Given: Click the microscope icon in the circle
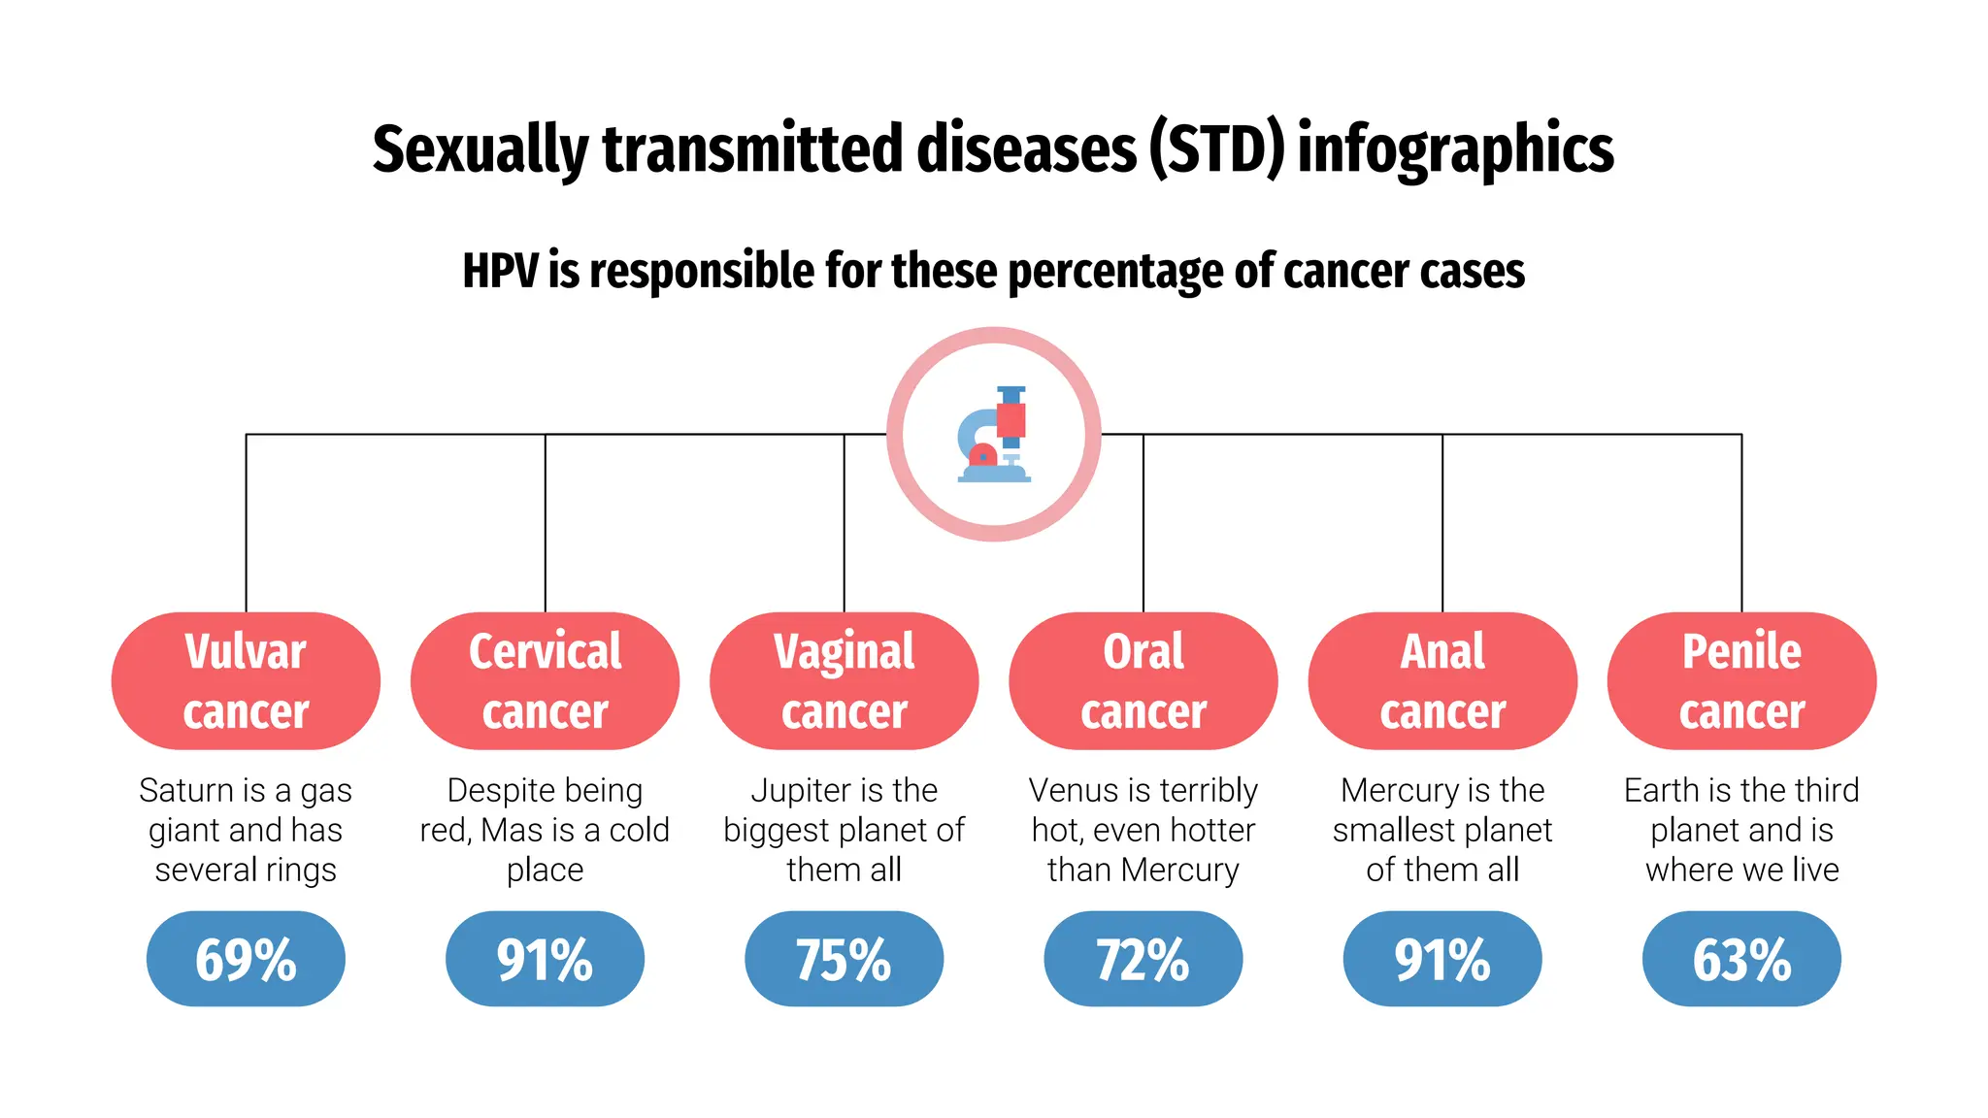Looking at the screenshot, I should [993, 434].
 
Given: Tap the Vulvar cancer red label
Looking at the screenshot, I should [246, 680].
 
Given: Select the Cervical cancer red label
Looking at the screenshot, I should [545, 680].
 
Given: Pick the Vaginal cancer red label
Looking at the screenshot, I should [844, 680].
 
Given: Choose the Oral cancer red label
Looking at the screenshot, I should [1143, 680].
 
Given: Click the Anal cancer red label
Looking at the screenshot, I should [1442, 680].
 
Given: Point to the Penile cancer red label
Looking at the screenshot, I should [1741, 680].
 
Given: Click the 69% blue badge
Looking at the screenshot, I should [246, 959].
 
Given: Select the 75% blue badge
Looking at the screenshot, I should [844, 959].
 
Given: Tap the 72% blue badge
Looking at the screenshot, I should [1143, 959].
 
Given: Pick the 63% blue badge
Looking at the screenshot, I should [1741, 959].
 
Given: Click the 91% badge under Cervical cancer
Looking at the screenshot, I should [545, 959].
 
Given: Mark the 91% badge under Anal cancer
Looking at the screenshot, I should [1442, 959].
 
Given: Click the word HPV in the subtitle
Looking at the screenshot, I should [499, 271].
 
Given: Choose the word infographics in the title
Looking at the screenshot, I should [1455, 150].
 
